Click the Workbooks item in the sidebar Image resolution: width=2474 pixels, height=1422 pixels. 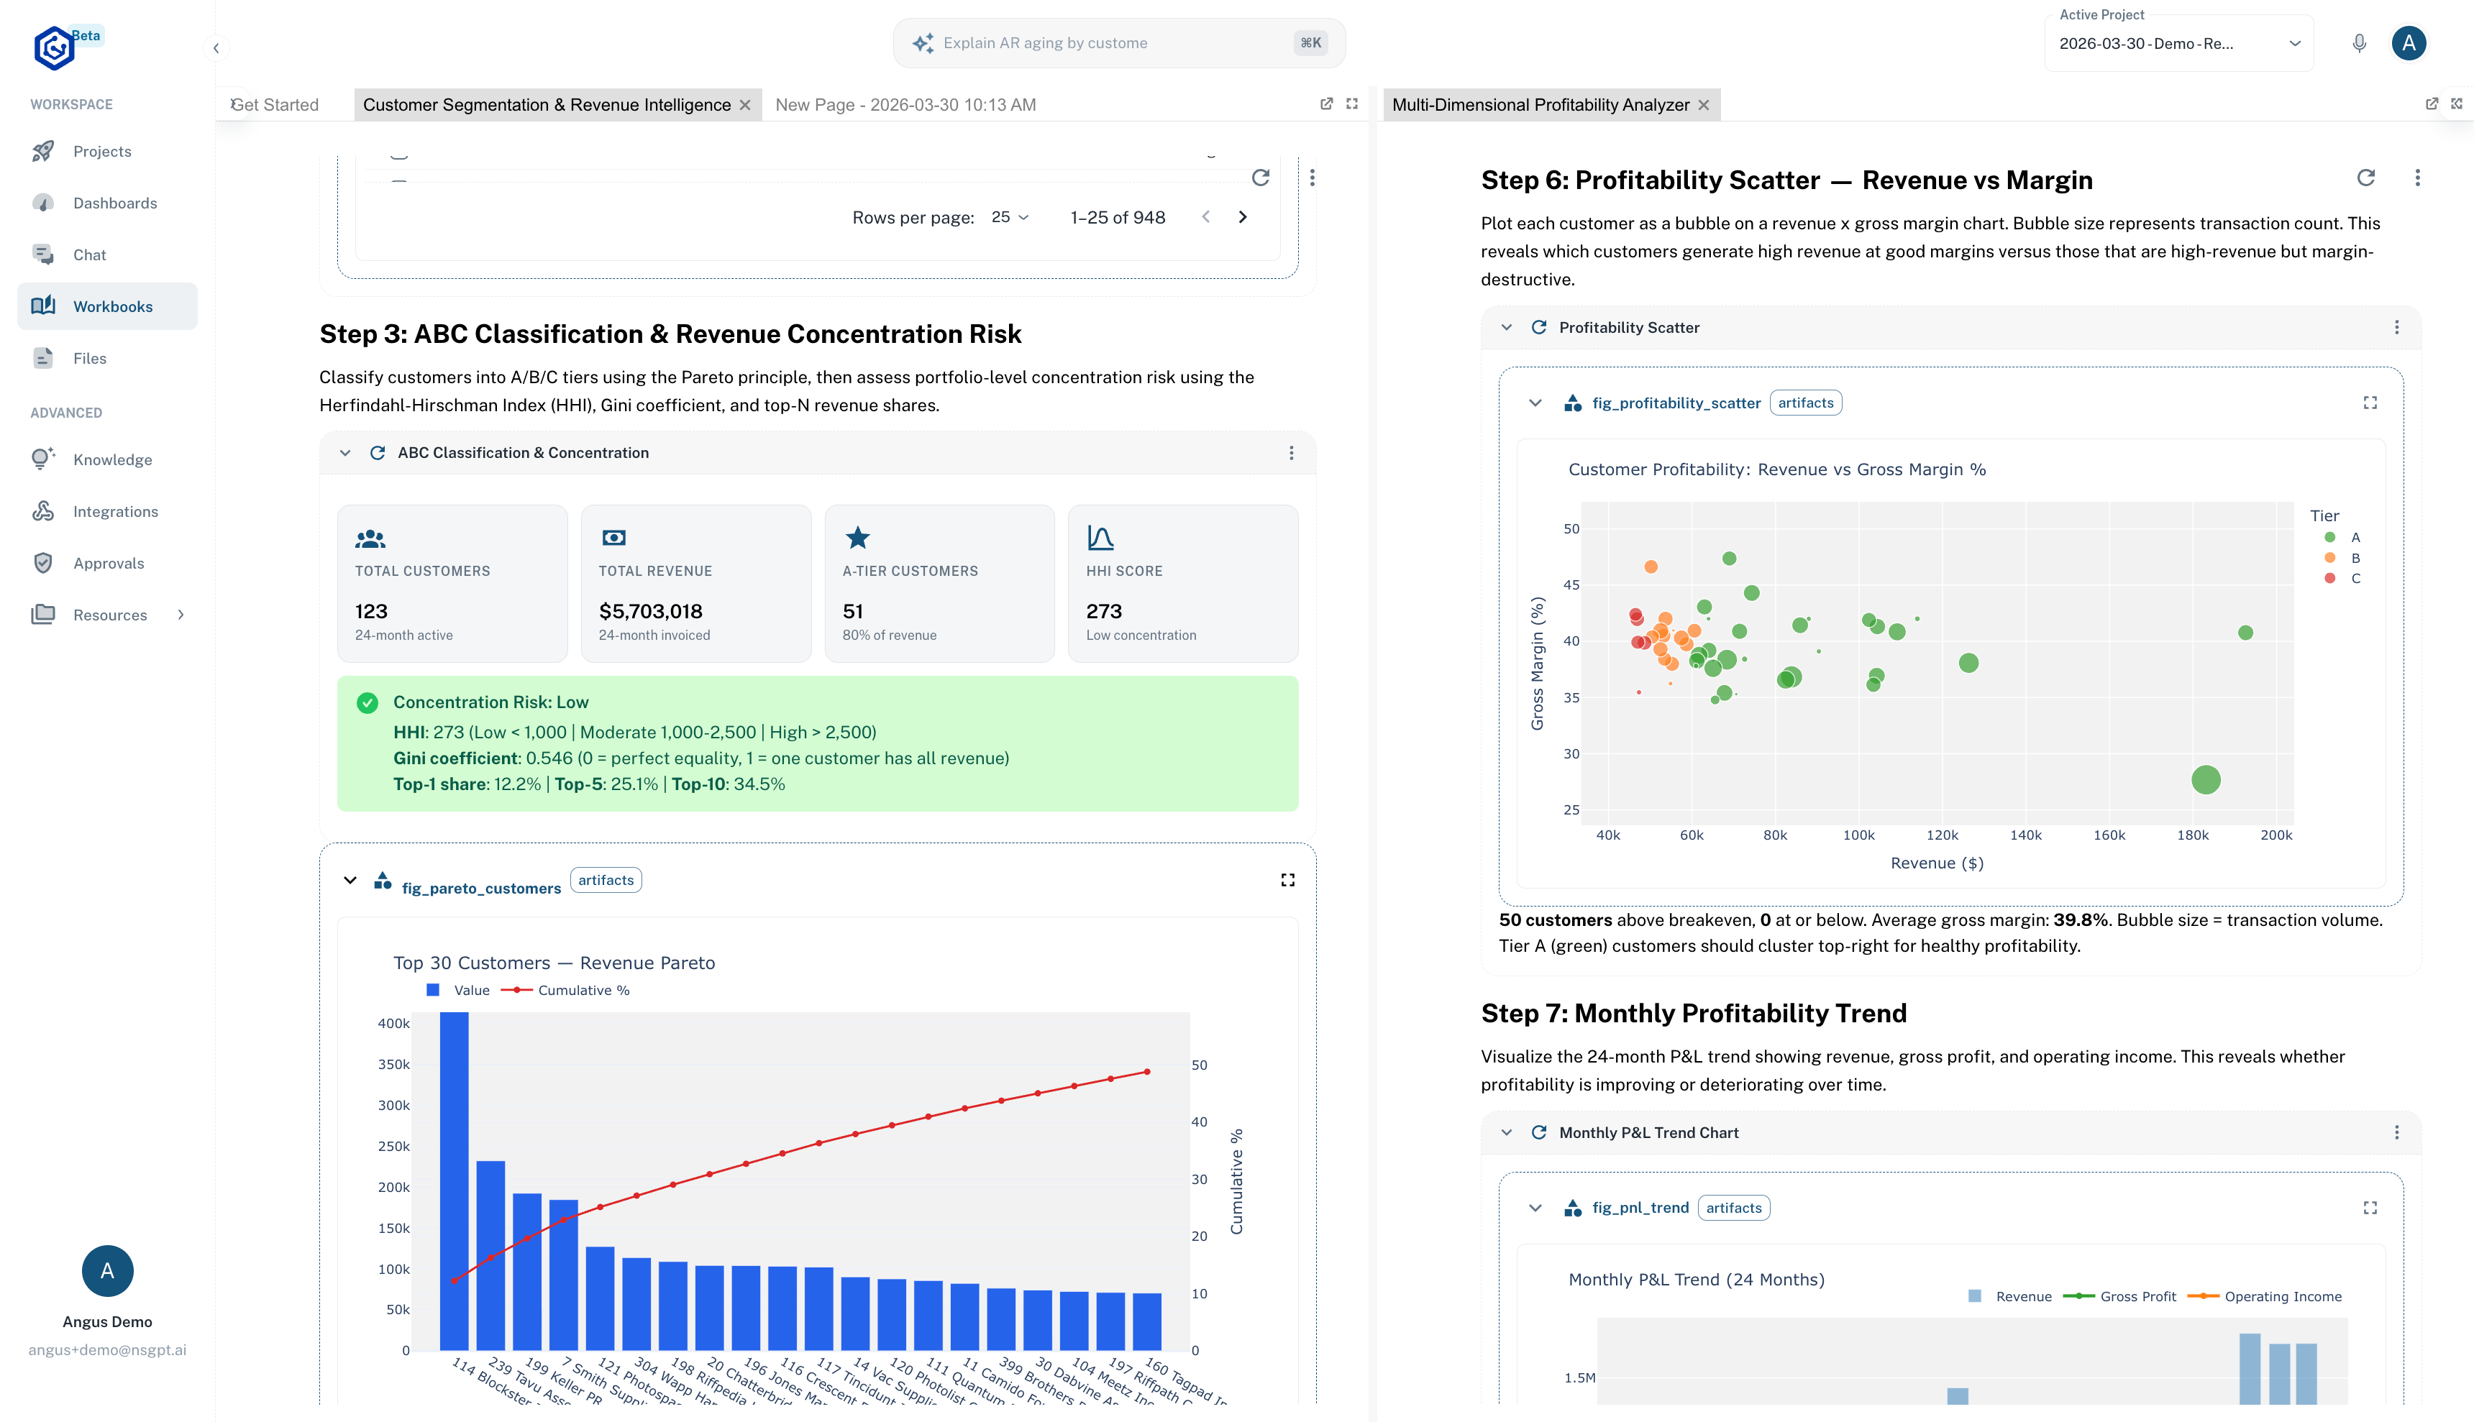111,307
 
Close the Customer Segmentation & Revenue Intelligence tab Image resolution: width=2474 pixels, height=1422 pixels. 745,106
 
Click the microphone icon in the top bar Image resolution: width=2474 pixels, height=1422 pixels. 2359,43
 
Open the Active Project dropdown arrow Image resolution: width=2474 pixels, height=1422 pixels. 2294,44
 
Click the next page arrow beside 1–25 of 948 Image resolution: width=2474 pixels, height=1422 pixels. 1242,217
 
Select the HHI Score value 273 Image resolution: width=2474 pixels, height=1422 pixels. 1104,611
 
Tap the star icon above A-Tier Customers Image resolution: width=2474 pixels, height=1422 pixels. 857,537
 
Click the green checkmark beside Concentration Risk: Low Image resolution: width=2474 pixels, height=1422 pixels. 368,702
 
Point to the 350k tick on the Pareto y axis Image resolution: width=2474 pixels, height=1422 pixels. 393,1065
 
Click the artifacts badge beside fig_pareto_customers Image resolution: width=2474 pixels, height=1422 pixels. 606,880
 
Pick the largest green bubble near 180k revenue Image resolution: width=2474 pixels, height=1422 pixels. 2206,779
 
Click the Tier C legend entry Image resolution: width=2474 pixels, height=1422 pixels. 2354,578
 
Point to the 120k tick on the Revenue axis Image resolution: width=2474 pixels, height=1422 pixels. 1942,835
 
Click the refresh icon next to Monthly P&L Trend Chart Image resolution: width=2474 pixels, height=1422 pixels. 1538,1132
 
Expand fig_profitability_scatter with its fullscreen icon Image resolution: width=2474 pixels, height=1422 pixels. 2370,403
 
